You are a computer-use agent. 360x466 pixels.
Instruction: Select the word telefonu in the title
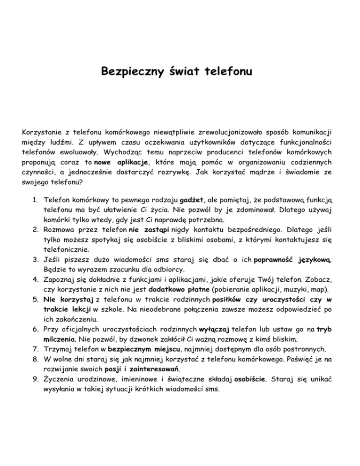[x=232, y=73]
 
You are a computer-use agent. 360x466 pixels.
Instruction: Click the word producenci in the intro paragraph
[x=216, y=151]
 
